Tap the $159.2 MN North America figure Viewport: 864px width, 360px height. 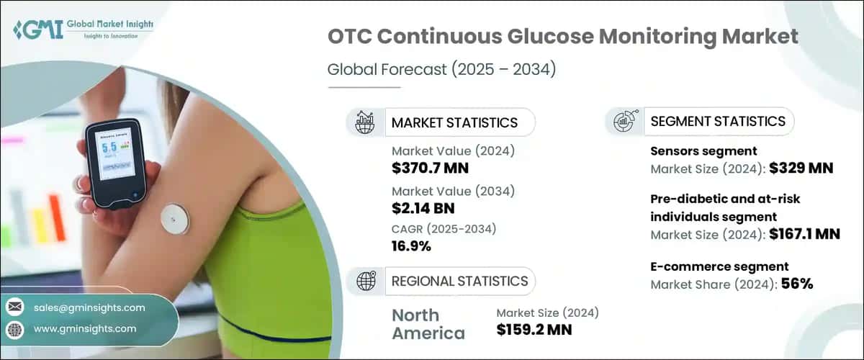[536, 330]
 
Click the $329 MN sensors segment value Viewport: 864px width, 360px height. [801, 169]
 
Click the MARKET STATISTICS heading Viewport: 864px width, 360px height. [454, 122]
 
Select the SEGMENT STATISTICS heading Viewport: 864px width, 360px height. [718, 122]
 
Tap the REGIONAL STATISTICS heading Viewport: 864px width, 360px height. [459, 281]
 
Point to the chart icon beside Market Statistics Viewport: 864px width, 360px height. [364, 122]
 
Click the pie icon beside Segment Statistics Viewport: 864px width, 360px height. [624, 122]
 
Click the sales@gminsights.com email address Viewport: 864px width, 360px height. [89, 307]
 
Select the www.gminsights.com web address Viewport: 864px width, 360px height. [85, 328]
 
